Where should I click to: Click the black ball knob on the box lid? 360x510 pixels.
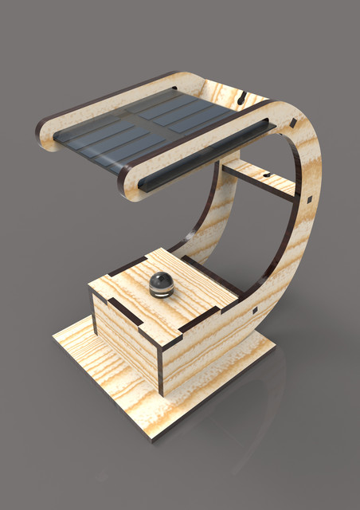(x=162, y=282)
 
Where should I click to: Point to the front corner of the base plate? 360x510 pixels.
(x=151, y=437)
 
